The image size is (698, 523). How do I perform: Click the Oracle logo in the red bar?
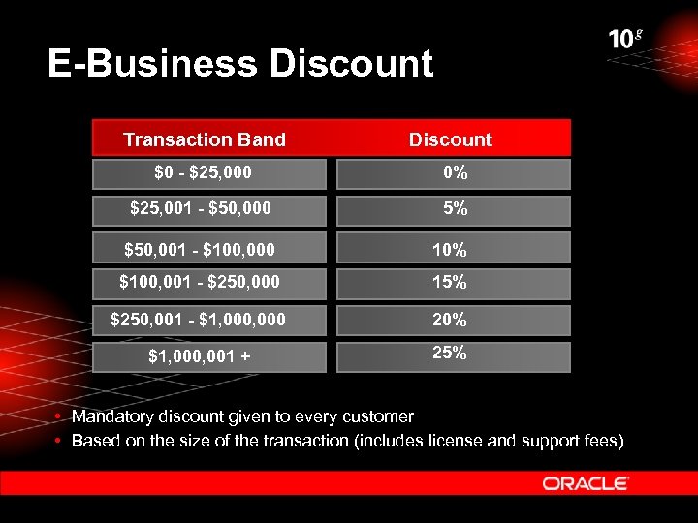click(x=586, y=483)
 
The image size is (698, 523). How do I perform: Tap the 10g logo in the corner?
click(x=625, y=40)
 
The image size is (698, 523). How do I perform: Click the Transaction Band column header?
click(x=205, y=139)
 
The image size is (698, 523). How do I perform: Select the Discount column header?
click(x=450, y=139)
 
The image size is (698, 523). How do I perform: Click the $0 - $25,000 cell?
click(x=204, y=173)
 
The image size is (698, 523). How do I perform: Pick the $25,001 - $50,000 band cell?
click(x=201, y=208)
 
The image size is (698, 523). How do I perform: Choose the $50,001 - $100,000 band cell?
click(x=200, y=250)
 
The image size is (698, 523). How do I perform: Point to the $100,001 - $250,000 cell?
click(x=200, y=283)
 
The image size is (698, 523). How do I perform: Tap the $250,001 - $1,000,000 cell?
click(x=199, y=319)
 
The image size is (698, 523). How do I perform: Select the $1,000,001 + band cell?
click(x=200, y=356)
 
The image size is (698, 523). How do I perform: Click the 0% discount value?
click(x=455, y=173)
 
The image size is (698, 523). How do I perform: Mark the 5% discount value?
click(x=455, y=208)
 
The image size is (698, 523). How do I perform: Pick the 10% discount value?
click(x=450, y=250)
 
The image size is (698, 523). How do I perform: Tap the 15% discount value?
click(x=450, y=283)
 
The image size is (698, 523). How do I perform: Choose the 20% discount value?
click(x=450, y=319)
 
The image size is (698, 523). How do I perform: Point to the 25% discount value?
click(x=450, y=354)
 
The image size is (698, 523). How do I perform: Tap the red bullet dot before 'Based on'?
click(x=60, y=442)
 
